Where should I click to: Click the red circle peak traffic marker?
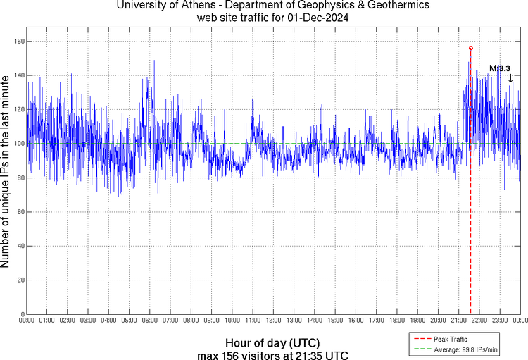pyautogui.click(x=471, y=48)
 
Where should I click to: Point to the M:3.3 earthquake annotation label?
pyautogui.click(x=499, y=68)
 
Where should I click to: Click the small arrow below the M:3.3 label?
pyautogui.click(x=510, y=78)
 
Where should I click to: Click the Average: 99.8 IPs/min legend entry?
pyautogui.click(x=465, y=349)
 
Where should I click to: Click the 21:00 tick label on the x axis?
pyautogui.click(x=458, y=321)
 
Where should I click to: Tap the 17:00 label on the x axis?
pyautogui.click(x=376, y=321)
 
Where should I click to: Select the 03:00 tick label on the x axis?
pyautogui.click(x=88, y=321)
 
